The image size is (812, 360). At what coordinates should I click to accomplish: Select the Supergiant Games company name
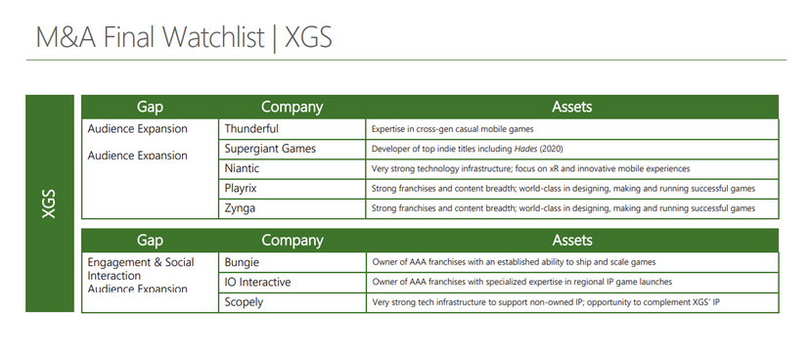click(x=270, y=149)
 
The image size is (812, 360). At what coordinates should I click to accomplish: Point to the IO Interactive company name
click(x=257, y=283)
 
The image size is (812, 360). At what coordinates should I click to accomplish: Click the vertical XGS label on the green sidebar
click(x=49, y=203)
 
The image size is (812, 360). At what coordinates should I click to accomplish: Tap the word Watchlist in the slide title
click(x=215, y=37)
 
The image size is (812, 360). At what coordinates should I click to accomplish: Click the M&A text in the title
click(x=66, y=37)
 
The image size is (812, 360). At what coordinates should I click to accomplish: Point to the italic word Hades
click(x=525, y=149)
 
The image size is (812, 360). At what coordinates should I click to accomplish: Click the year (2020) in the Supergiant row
click(x=551, y=149)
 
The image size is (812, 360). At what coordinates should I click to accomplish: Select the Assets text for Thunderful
click(x=452, y=129)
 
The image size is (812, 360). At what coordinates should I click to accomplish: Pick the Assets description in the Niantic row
click(x=531, y=169)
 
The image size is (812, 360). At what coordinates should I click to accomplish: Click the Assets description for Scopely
click(x=546, y=302)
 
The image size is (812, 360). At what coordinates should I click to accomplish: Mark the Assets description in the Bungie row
click(x=514, y=262)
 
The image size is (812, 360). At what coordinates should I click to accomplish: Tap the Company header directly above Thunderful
click(x=293, y=107)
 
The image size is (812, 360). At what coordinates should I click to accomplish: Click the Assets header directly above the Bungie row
click(x=572, y=241)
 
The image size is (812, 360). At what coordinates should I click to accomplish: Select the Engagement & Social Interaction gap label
click(x=141, y=268)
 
